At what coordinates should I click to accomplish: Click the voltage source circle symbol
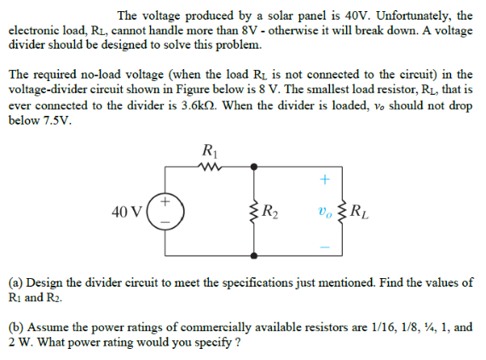click(x=160, y=212)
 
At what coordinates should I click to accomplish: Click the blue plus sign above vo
click(x=322, y=180)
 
